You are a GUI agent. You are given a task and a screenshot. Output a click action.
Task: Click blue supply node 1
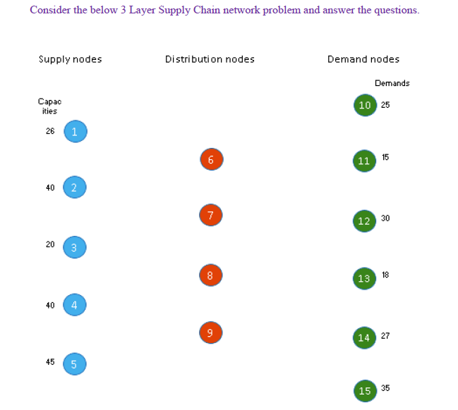(x=75, y=131)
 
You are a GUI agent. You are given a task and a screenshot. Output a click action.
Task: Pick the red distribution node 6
(x=210, y=160)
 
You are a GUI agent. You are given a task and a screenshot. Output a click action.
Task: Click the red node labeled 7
(x=210, y=215)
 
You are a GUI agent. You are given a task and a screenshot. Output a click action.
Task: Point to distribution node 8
(x=210, y=275)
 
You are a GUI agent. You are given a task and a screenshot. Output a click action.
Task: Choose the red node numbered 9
(x=210, y=333)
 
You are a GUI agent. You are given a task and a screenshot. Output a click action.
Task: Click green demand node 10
(x=364, y=105)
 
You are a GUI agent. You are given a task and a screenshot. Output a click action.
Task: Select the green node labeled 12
(x=364, y=220)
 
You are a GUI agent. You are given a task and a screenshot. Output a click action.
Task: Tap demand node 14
(x=364, y=337)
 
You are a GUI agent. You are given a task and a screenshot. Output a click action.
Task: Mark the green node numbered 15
(x=364, y=390)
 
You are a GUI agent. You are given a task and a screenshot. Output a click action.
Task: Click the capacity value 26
(x=50, y=131)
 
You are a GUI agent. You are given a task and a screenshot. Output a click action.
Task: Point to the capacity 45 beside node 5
(x=50, y=362)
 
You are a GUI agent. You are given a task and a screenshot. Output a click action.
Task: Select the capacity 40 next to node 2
(x=50, y=187)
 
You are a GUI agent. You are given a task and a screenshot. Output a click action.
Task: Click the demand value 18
(x=385, y=275)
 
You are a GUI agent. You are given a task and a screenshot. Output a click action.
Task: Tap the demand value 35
(x=385, y=387)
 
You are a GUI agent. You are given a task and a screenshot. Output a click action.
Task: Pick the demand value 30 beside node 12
(x=385, y=218)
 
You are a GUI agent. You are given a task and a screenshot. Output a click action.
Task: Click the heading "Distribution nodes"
(x=210, y=59)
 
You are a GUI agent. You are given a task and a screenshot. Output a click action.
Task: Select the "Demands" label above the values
(x=392, y=83)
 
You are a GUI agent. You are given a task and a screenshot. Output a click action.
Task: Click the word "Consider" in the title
(x=49, y=11)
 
